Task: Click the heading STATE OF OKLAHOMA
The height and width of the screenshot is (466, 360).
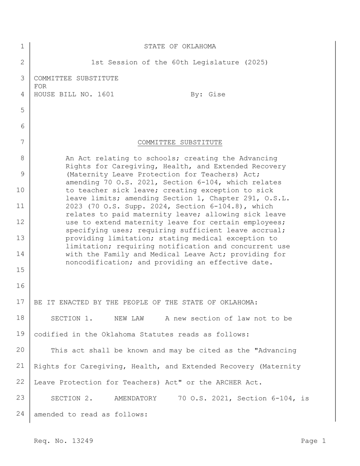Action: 180,46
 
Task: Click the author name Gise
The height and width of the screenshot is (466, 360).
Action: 217,94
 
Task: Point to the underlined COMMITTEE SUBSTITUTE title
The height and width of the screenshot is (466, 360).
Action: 180,142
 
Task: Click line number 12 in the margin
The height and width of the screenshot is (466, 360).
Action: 20,222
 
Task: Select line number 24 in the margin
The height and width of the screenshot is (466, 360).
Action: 20,414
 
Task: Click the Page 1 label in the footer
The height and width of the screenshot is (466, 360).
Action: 313,441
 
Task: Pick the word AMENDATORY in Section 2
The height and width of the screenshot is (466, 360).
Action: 135,398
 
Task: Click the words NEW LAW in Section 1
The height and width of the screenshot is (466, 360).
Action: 129,319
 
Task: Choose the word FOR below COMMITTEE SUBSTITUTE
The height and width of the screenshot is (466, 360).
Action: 40,86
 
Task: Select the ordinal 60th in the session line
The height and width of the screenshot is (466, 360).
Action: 180,62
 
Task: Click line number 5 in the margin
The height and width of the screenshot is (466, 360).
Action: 22,110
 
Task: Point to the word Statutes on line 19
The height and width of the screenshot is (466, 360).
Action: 156,334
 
